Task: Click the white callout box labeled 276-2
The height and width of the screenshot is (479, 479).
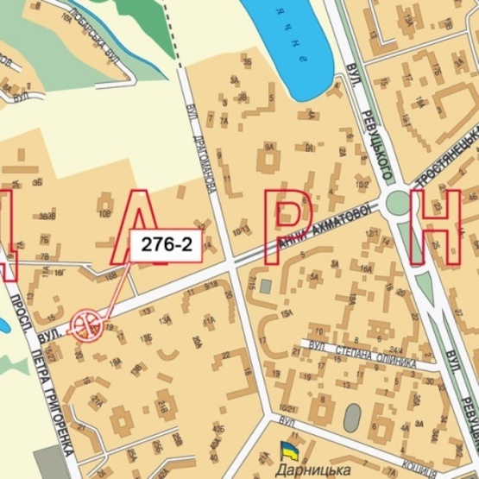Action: (166, 245)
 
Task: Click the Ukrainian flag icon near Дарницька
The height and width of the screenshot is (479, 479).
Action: (287, 451)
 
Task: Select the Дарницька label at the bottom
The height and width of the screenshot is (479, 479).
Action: (310, 470)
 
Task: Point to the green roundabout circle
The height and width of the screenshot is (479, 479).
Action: (399, 204)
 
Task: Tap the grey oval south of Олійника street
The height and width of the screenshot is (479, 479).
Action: (351, 418)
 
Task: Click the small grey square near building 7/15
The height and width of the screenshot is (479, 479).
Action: (265, 286)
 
